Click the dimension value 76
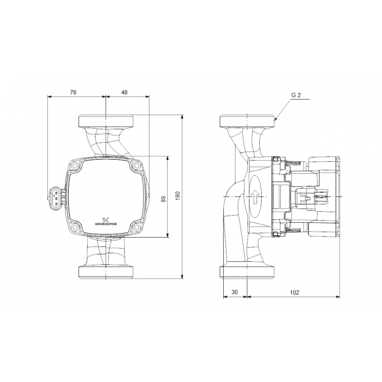coord(73,92)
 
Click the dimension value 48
coord(124,92)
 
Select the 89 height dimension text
coord(163,199)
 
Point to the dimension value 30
coord(235,292)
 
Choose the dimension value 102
coord(294,292)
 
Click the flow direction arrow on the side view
coord(255,197)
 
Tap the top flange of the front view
coord(106,121)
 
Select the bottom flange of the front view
coord(106,272)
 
